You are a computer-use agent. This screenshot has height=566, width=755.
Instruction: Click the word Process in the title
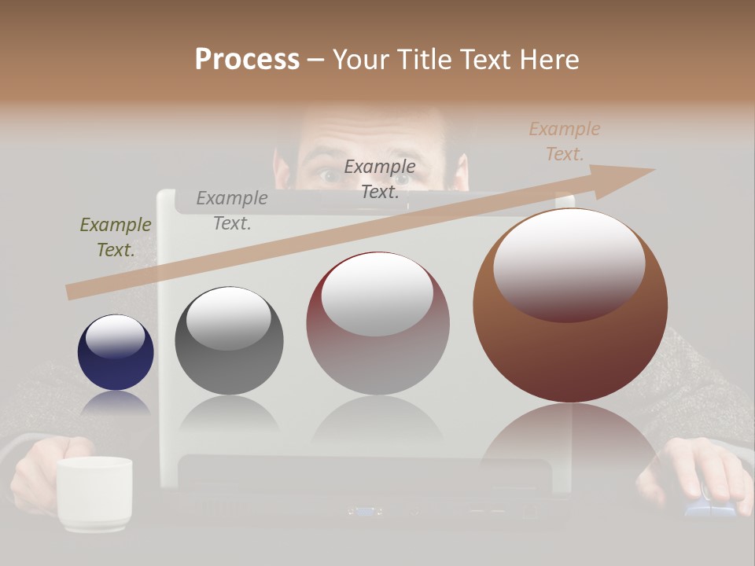tap(247, 59)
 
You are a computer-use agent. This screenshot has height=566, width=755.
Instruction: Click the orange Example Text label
tap(564, 141)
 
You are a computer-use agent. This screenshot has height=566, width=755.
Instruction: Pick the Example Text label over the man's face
tap(380, 179)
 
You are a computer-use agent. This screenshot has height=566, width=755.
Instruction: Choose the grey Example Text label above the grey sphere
tap(232, 211)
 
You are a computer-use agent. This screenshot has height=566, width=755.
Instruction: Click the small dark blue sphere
tap(116, 354)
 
